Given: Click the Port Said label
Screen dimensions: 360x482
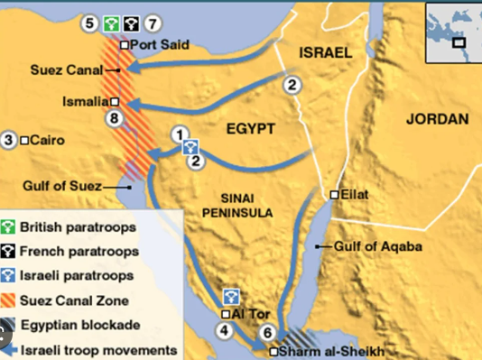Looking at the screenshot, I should click(161, 44).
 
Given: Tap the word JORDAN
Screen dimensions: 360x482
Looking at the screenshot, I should click(438, 119).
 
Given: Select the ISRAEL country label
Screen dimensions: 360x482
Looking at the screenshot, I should click(324, 52).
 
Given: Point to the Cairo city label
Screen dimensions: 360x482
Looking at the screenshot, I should click(47, 140).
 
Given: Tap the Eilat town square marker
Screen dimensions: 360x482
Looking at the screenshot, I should click(334, 194).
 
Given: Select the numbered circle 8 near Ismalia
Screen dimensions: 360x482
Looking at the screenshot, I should click(113, 117).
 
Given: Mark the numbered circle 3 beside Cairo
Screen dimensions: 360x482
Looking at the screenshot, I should click(9, 140).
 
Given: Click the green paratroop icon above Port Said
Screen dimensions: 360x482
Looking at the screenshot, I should click(110, 23).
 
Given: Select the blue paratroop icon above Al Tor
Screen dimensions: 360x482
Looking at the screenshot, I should click(230, 294).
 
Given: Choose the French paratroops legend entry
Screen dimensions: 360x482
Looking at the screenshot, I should click(81, 251).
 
